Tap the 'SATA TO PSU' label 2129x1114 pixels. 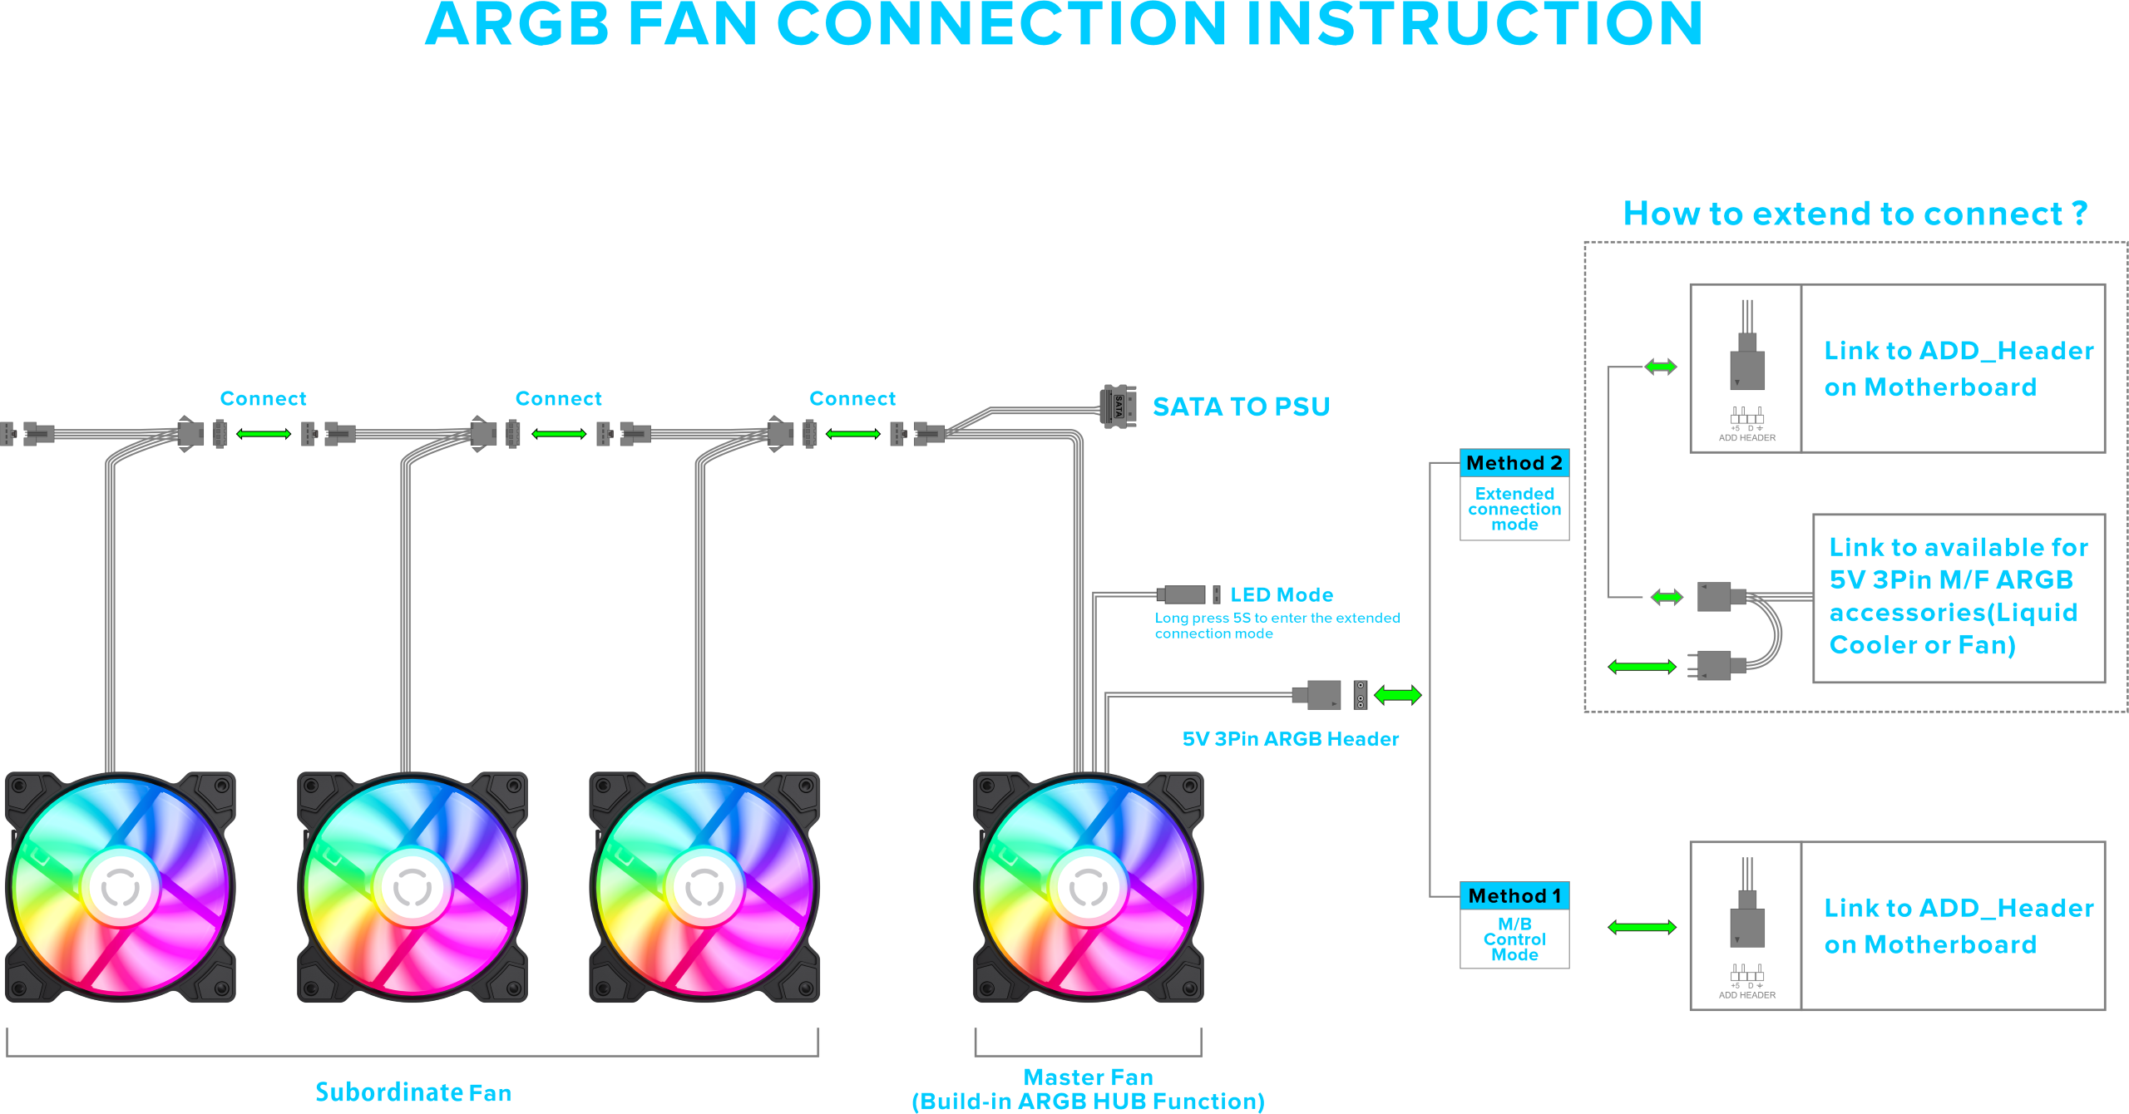pyautogui.click(x=1241, y=407)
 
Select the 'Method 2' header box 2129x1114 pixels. pyautogui.click(x=1514, y=463)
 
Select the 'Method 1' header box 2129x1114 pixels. pyautogui.click(x=1514, y=896)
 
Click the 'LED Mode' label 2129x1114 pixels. pyautogui.click(x=1282, y=595)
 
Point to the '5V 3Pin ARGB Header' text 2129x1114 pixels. pyautogui.click(x=1291, y=739)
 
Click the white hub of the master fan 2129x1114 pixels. pyautogui.click(x=1088, y=888)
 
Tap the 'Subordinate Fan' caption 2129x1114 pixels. pyautogui.click(x=413, y=1092)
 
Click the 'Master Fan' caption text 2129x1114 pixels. pyautogui.click(x=1088, y=1077)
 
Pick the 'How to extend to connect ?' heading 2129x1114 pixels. pyautogui.click(x=1855, y=214)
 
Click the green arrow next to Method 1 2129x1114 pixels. pyautogui.click(x=1642, y=927)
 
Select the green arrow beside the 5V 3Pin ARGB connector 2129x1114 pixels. pyautogui.click(x=1398, y=695)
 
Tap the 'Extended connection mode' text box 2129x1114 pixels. pyautogui.click(x=1514, y=509)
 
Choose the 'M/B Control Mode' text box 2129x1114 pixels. pyautogui.click(x=1514, y=939)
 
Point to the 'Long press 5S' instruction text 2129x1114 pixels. pyautogui.click(x=1277, y=626)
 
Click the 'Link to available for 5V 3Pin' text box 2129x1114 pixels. pyautogui.click(x=1959, y=597)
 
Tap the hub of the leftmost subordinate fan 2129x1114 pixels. pyautogui.click(x=121, y=888)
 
